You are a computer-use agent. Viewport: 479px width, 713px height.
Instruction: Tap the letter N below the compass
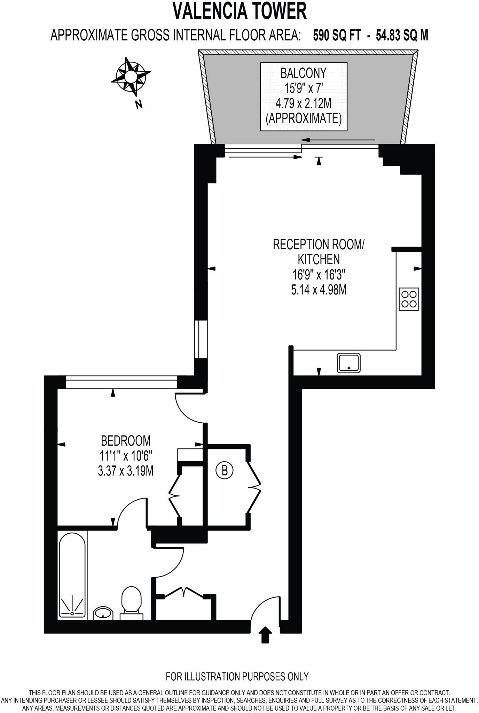coord(139,104)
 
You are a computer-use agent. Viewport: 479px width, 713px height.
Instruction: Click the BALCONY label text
coord(303,73)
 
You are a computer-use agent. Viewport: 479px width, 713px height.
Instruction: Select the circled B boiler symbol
coord(225,471)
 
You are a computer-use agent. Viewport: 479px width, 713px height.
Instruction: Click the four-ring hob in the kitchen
coord(409,299)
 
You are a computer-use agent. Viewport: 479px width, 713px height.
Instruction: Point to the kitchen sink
coord(348,363)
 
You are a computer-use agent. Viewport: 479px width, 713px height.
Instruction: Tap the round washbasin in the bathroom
coord(103,613)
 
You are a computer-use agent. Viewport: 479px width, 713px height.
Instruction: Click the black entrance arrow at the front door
coord(265,634)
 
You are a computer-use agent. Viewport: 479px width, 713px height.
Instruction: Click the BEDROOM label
coord(126,441)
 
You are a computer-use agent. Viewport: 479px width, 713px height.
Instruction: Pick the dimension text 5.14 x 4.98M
coord(319,290)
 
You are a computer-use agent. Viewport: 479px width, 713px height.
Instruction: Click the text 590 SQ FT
coord(337,35)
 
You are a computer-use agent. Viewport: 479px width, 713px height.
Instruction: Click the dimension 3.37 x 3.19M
coord(126,471)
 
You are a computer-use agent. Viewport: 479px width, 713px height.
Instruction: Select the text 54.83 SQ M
coord(402,35)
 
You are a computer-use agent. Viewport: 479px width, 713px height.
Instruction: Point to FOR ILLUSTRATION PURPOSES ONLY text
coord(237,676)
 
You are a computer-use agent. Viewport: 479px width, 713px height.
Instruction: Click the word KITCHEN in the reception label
coord(319,259)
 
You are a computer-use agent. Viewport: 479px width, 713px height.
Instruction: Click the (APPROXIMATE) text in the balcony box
coord(303,119)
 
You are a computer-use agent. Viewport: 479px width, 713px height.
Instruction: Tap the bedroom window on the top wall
coord(121,382)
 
